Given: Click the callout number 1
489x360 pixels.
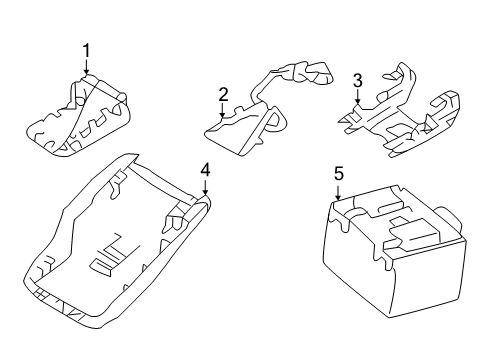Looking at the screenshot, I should (86, 50).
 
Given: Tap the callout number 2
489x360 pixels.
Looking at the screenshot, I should (224, 94).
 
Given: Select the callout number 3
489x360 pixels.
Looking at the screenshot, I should (357, 80).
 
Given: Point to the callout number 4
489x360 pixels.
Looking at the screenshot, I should (204, 170).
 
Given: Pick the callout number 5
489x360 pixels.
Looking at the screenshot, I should (338, 175).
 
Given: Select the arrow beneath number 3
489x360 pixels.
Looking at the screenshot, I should (357, 97).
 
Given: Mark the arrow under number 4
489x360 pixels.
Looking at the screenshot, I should (204, 188).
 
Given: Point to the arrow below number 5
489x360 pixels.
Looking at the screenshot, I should (338, 193).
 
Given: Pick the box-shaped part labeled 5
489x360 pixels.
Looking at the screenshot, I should (390, 255).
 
